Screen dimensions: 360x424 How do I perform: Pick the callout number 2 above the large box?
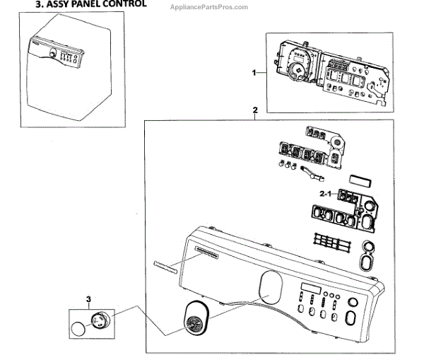254,110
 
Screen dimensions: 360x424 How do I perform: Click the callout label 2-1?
325,193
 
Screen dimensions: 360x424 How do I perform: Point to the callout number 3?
89,300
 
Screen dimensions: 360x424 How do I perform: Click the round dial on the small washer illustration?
53,54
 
